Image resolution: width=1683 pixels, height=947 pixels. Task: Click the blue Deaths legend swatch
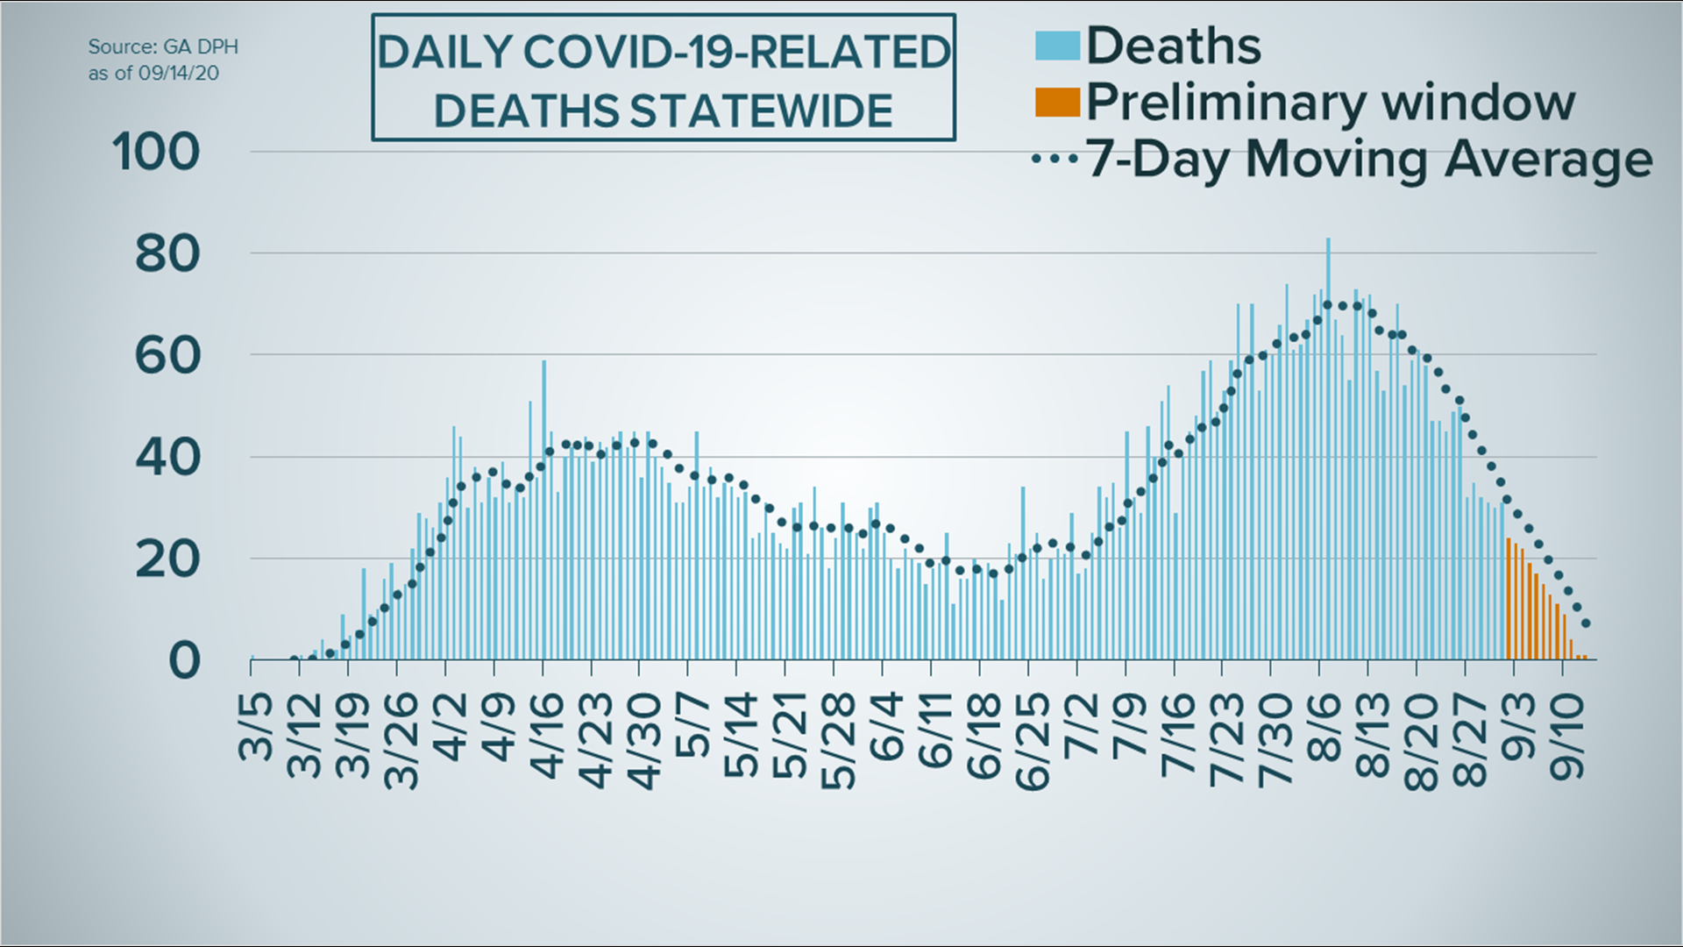click(1056, 46)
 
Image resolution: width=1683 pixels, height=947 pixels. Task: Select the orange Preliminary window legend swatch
click(1056, 102)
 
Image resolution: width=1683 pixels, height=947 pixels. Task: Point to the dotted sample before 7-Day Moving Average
click(1055, 160)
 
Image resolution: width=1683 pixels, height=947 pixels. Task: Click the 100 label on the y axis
click(156, 153)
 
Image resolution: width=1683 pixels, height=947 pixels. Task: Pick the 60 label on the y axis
click(167, 356)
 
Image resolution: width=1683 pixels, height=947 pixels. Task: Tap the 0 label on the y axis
click(184, 660)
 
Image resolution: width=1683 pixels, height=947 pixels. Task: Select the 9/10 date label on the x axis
click(1567, 737)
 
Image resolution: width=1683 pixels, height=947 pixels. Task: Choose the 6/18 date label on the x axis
click(984, 737)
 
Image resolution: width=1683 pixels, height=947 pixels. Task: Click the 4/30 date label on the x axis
click(644, 742)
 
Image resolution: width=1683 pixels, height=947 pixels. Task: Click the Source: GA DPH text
click(163, 46)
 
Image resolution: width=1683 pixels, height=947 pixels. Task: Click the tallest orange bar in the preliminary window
click(1509, 601)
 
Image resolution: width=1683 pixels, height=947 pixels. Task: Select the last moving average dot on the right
click(1586, 624)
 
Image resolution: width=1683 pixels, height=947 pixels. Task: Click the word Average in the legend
click(1549, 160)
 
